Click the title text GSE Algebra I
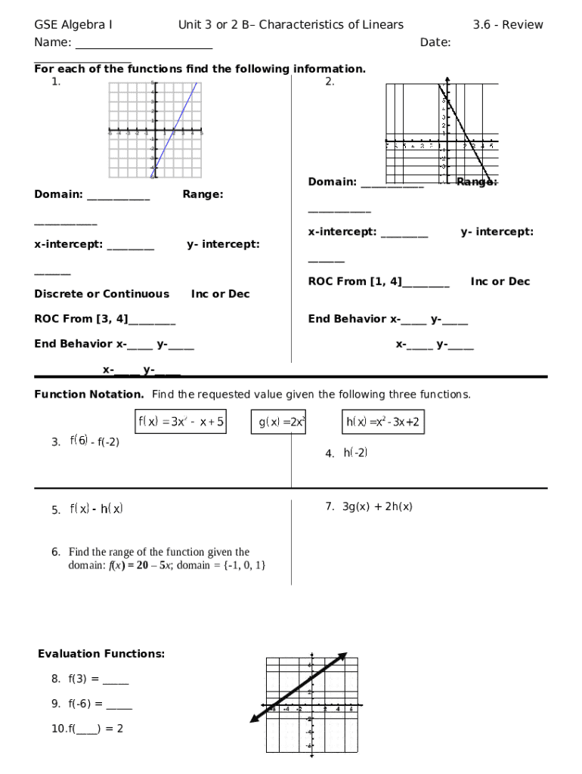pos(73,25)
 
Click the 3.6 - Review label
pos(508,25)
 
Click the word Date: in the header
pos(435,42)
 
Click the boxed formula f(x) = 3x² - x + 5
pos(181,423)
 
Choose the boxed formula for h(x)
pos(382,423)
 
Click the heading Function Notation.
pos(89,395)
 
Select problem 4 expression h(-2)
pos(355,453)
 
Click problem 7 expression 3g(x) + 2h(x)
pos(377,507)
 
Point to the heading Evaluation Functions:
pos(101,654)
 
